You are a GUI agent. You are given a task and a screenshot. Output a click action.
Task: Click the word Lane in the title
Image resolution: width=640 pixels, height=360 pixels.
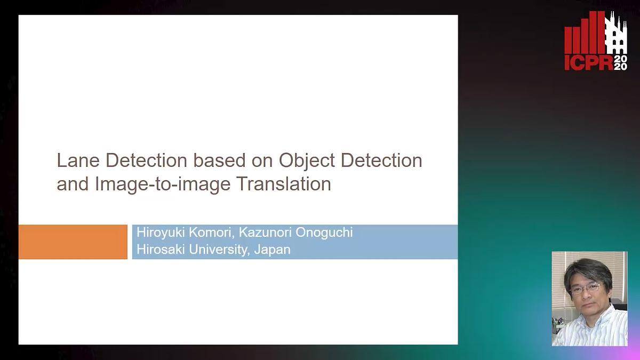pos(78,161)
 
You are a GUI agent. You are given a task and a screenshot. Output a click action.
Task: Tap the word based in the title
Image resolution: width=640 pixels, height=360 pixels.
pos(219,161)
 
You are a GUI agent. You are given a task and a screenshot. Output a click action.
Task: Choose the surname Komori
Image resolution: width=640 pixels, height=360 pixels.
pos(212,233)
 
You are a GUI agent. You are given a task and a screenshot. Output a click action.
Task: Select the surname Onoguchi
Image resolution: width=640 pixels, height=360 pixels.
pos(324,233)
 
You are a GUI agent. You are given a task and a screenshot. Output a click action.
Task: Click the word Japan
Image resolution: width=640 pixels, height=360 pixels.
pos(272,250)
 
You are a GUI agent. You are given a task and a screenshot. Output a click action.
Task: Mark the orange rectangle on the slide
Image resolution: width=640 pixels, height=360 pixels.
pos(73,242)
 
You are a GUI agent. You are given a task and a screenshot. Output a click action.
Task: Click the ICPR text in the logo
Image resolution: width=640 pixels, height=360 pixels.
pos(589,63)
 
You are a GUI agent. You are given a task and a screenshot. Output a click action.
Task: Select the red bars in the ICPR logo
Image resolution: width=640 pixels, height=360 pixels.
pos(585,33)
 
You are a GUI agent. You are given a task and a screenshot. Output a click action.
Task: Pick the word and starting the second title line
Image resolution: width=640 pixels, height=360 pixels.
pos(73,183)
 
